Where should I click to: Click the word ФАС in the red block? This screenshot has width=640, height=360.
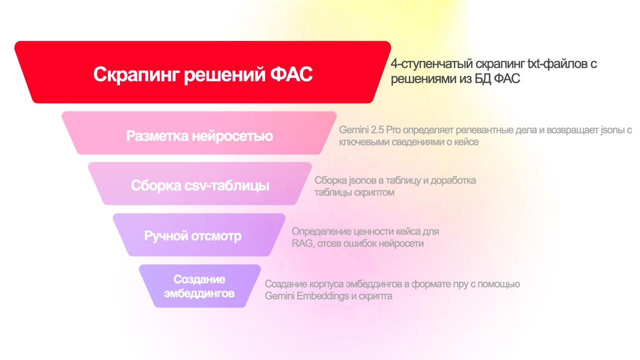(x=291, y=74)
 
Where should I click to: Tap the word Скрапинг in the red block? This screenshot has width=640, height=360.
(x=136, y=75)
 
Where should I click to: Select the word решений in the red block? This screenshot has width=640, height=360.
(x=224, y=75)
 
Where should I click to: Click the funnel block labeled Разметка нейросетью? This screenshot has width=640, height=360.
(x=199, y=133)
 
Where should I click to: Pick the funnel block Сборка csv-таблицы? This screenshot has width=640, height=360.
(x=199, y=183)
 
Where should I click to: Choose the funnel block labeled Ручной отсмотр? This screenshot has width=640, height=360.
(x=199, y=234)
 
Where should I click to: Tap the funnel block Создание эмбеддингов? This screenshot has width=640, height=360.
(x=199, y=286)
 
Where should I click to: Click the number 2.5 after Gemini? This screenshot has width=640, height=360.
(x=377, y=130)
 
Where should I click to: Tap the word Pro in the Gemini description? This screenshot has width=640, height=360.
(x=393, y=130)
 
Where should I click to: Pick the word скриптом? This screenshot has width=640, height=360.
(x=374, y=193)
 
